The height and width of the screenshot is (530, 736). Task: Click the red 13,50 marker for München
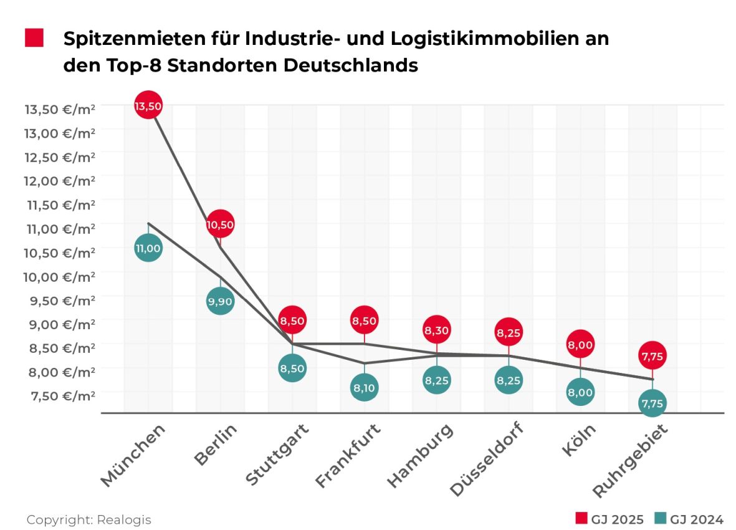148,106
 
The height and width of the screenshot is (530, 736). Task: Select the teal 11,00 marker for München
148,248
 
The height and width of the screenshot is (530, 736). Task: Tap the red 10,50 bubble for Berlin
220,224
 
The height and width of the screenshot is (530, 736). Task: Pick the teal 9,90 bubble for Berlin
220,301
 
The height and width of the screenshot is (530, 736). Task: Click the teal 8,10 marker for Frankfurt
365,387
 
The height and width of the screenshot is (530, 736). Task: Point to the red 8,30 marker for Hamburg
437,329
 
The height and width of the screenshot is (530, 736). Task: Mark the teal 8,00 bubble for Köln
580,392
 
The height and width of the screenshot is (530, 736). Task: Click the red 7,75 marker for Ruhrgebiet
652,355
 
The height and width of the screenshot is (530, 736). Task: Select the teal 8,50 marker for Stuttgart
292,368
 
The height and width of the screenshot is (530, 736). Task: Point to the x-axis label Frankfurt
348,456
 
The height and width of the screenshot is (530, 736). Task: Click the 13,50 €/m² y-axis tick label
60,109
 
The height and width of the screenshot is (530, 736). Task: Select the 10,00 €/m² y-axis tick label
60,276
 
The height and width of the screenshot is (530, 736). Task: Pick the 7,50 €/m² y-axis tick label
60,395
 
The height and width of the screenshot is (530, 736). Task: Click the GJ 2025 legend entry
609,519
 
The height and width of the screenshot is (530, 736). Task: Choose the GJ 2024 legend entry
689,519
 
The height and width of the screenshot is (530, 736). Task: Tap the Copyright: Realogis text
88,519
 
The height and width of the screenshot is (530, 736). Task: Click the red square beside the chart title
34,38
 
